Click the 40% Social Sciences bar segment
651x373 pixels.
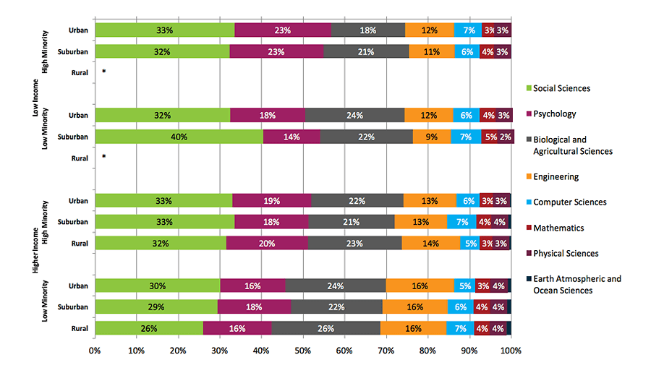coord(179,137)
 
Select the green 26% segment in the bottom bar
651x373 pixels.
coord(148,328)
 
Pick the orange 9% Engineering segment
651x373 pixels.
coord(432,137)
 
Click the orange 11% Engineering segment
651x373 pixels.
coord(431,51)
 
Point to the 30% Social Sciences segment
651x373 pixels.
coord(157,286)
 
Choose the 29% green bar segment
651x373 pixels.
coord(156,307)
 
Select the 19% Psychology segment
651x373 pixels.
coord(271,200)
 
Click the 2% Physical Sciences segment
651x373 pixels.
coord(506,137)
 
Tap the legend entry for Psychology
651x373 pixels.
coord(556,114)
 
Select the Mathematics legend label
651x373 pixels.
coord(558,228)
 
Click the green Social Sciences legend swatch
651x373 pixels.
coord(528,89)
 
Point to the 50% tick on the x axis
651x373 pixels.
coord(303,351)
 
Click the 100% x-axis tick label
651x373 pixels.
coord(511,351)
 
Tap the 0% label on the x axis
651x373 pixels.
coord(95,351)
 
